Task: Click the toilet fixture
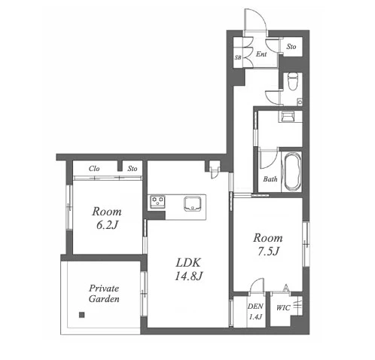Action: click(x=292, y=81)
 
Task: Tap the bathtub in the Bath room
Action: click(x=292, y=172)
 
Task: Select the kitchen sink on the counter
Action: click(x=193, y=204)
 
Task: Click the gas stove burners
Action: click(x=157, y=202)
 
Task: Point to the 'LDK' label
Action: click(x=188, y=263)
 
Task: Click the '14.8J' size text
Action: click(x=188, y=276)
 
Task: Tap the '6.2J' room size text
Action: click(x=107, y=225)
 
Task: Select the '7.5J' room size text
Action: click(x=268, y=252)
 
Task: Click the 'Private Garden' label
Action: click(x=104, y=294)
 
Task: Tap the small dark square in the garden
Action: click(x=81, y=315)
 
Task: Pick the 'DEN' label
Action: click(x=255, y=307)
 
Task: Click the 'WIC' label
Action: click(x=283, y=308)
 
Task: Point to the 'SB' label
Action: click(x=238, y=57)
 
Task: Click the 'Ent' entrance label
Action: click(x=261, y=53)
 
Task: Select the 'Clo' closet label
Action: click(x=94, y=169)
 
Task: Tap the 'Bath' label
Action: click(x=270, y=179)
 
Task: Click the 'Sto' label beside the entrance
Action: click(x=291, y=47)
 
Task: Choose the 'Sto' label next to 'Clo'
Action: click(x=133, y=169)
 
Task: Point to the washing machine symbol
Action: click(x=288, y=117)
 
